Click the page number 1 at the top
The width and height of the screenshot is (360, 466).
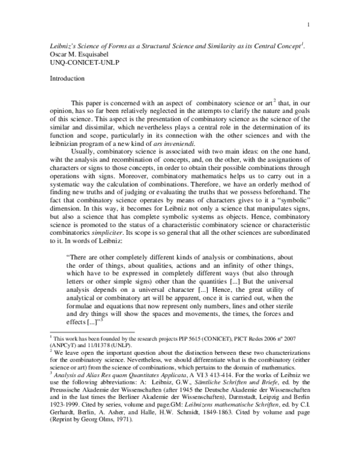click(x=308, y=25)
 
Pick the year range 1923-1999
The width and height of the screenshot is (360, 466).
click(x=66, y=415)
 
